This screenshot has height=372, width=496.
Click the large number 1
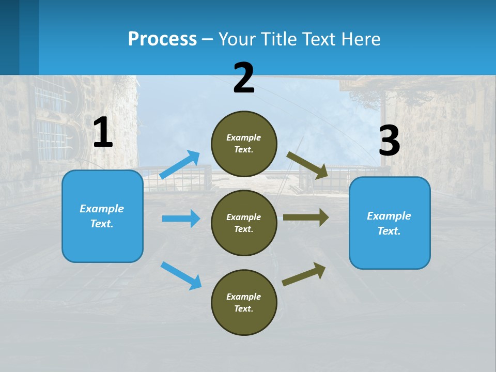pos(103,133)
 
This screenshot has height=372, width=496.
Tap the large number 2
pos(244,78)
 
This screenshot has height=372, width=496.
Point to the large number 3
pos(389,141)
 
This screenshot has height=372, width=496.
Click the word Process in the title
pos(162,39)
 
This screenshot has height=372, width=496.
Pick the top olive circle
pos(244,144)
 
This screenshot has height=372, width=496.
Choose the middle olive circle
pos(244,223)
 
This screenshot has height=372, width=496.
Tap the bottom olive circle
pos(244,302)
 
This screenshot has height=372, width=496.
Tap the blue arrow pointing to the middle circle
pos(181,219)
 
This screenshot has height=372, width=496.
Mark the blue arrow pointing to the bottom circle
pos(181,275)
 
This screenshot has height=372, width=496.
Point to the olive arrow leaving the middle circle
pos(306,217)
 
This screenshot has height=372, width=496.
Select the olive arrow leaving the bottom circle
pos(304,274)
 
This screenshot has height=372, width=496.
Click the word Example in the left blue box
pos(102,209)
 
